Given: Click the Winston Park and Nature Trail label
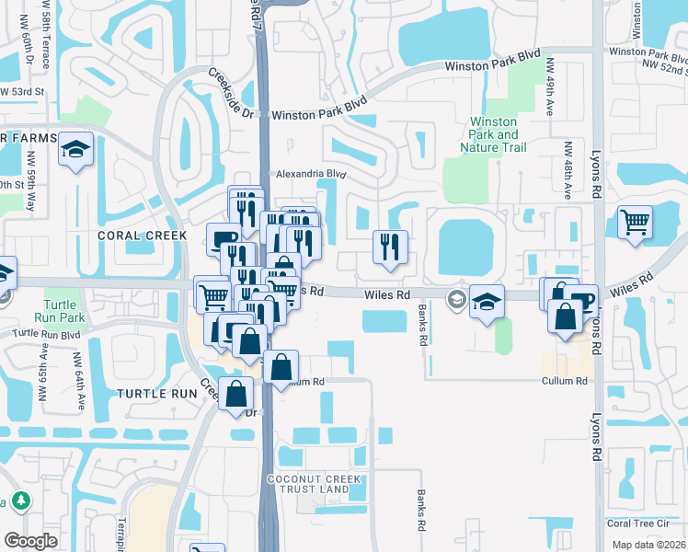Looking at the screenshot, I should pyautogui.click(x=494, y=134).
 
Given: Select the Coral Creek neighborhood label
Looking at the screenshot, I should pyautogui.click(x=142, y=236).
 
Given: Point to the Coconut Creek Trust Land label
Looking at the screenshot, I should pyautogui.click(x=307, y=484).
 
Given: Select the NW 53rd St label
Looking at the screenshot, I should pyautogui.click(x=22, y=92).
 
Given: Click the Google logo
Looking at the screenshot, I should pyautogui.click(x=31, y=541).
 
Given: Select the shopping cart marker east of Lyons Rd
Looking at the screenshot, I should pyautogui.click(x=635, y=222).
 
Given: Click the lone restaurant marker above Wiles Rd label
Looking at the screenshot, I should pyautogui.click(x=390, y=247).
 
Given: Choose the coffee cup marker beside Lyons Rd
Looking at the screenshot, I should pyautogui.click(x=581, y=300).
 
